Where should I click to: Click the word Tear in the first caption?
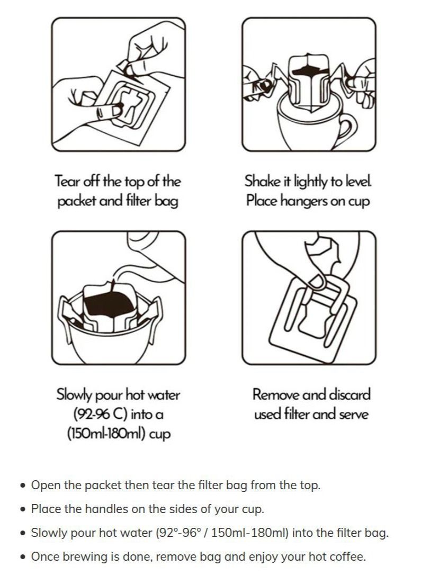tap(68, 181)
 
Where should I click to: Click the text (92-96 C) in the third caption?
tap(101, 415)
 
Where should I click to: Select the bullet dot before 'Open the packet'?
tap(23, 486)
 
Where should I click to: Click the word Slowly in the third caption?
tap(74, 395)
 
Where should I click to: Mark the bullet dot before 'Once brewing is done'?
tap(23, 557)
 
